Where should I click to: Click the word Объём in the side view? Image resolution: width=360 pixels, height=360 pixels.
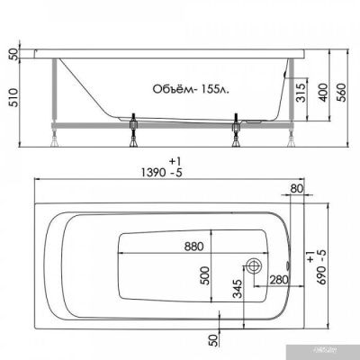pyautogui.click(x=166, y=90)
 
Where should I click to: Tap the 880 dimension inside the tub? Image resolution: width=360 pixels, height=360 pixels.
pyautogui.click(x=193, y=245)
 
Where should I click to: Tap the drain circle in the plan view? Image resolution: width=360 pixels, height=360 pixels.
pyautogui.click(x=255, y=266)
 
